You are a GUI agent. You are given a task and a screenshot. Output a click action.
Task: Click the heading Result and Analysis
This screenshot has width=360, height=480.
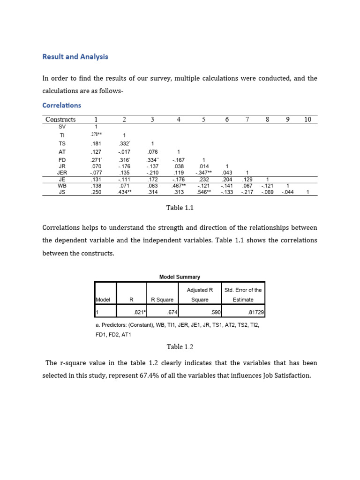75,57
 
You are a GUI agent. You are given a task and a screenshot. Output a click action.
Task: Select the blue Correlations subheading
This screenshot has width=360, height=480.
61,105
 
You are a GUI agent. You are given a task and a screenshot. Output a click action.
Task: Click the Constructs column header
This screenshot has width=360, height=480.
60,120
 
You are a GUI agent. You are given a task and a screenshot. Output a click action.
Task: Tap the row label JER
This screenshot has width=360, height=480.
62,172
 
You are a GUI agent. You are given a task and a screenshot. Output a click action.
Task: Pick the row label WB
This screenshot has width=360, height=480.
62,186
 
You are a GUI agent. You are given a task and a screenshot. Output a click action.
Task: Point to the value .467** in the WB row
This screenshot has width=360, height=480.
179,186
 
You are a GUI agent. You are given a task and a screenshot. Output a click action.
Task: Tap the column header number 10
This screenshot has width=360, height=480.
307,120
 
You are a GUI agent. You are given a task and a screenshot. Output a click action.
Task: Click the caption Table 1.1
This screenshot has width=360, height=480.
180,208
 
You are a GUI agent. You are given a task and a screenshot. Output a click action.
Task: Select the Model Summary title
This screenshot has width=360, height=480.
180,277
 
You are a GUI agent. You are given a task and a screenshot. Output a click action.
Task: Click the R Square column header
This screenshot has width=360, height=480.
162,300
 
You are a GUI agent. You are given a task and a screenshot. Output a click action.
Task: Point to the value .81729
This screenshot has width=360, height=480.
254,312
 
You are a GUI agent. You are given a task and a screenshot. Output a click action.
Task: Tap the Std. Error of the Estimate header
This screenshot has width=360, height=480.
243,294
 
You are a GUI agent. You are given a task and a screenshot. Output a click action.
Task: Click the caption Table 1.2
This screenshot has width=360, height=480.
180,347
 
